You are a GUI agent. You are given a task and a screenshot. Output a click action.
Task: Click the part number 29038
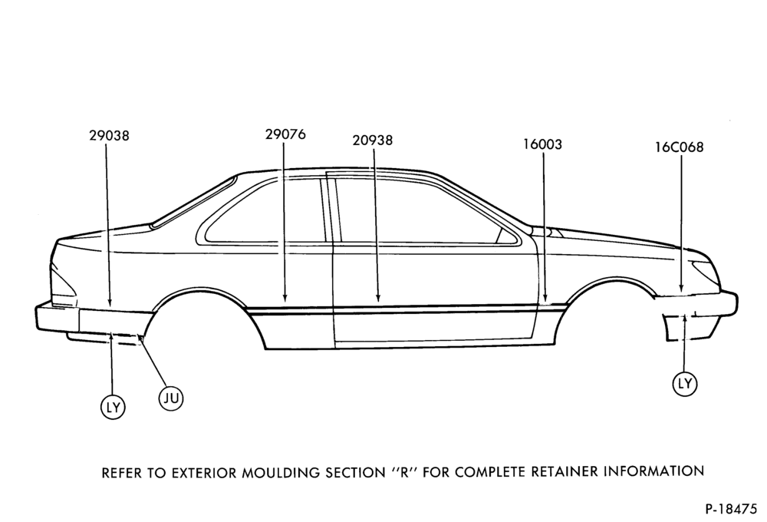point(109,135)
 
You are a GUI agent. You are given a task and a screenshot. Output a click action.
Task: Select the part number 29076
point(285,134)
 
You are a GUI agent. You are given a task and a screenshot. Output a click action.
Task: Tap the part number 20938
point(373,140)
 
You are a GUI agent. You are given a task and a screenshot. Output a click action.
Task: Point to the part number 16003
point(543,144)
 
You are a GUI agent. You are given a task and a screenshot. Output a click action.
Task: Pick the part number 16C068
point(680,147)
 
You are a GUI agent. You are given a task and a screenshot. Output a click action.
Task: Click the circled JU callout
point(171,398)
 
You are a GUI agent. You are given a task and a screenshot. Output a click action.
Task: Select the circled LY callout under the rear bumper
point(113,407)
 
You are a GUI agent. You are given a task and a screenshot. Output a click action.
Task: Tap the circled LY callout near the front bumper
point(685,383)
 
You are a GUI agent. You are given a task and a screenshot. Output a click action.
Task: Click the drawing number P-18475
point(731,509)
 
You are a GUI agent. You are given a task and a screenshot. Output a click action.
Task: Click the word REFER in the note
point(120,473)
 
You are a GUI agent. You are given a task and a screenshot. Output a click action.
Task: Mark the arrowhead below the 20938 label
point(377,297)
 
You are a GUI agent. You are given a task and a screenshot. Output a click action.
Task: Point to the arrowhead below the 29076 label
point(285,297)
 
